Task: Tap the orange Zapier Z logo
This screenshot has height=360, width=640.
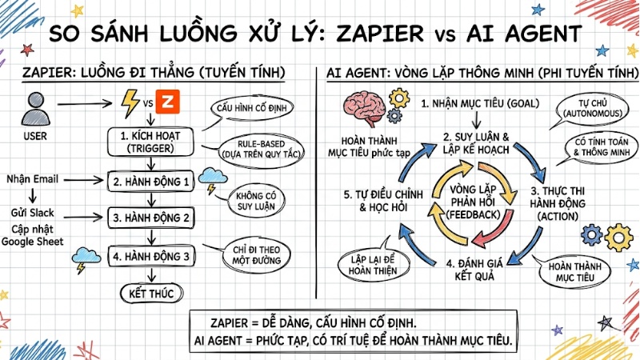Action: point(167,103)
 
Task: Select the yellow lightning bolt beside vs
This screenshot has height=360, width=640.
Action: point(130,102)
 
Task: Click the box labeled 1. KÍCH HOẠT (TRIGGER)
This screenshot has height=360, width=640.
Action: point(150,141)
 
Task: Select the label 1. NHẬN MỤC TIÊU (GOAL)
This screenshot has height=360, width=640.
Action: point(479,103)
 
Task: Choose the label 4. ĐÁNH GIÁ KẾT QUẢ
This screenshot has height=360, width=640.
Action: point(480,269)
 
